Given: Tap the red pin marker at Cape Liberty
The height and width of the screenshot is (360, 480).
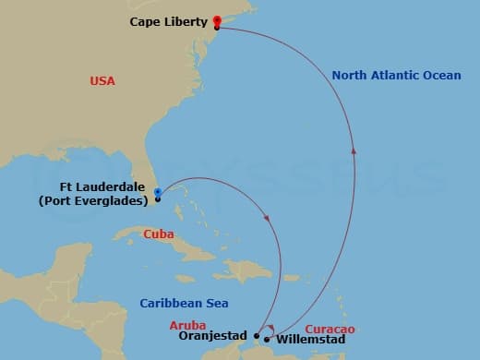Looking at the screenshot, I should pos(217,19).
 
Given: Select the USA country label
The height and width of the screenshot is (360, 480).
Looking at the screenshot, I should pos(102,81).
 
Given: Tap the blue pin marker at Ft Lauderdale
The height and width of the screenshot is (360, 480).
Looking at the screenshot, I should pos(158,192).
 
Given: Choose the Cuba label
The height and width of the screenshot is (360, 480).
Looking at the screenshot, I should pos(159,234).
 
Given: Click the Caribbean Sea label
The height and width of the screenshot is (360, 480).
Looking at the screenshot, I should pos(184,303).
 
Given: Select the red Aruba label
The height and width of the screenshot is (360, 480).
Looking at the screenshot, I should pos(188,325).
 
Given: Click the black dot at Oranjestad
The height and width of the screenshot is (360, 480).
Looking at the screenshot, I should pos(257,336).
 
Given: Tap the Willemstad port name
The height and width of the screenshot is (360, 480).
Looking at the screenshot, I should pos(310,340).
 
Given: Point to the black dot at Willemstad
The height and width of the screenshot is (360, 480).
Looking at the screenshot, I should pos(267,339).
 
